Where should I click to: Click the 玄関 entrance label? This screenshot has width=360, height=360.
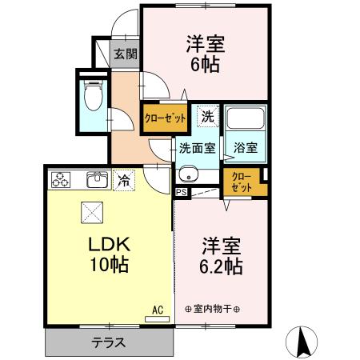pyautogui.click(x=124, y=54)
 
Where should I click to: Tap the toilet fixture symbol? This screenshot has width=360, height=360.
pyautogui.click(x=94, y=97)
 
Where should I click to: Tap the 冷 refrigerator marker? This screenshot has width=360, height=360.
pyautogui.click(x=124, y=181)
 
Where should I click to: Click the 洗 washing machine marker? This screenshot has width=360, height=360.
pyautogui.click(x=207, y=115)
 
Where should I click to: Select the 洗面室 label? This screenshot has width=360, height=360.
pyautogui.click(x=196, y=148)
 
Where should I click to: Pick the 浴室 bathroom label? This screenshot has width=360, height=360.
pyautogui.click(x=245, y=148)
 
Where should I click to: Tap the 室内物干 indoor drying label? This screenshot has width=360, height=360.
pyautogui.click(x=213, y=309)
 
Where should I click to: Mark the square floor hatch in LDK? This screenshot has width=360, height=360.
pyautogui.click(x=89, y=212)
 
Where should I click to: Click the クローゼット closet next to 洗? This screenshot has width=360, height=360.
pyautogui.click(x=166, y=117)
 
